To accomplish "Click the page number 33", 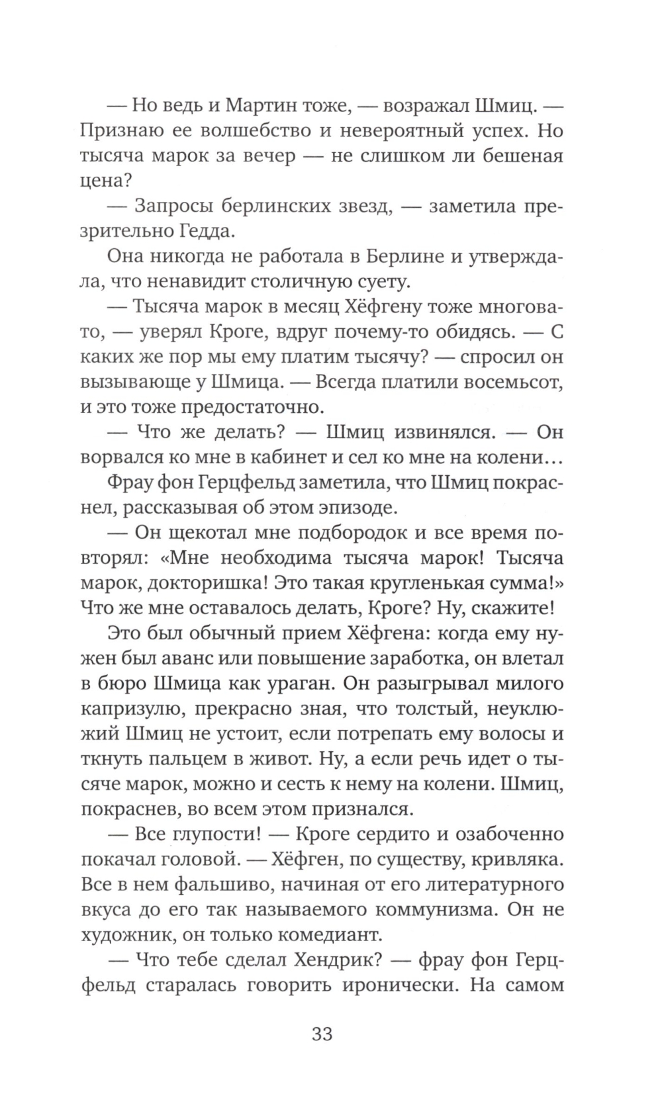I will pyautogui.click(x=322, y=1032).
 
